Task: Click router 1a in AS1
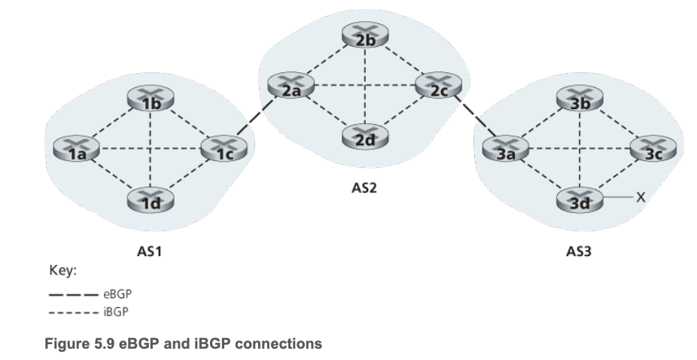click(76, 148)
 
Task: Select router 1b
click(151, 98)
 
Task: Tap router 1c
click(224, 148)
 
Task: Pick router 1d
click(151, 199)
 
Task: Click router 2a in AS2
click(291, 85)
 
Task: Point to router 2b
click(365, 35)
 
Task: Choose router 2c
click(439, 85)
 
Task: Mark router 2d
click(365, 136)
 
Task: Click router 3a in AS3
click(506, 148)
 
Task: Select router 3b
click(580, 98)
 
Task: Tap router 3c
click(653, 148)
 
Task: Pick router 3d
click(580, 199)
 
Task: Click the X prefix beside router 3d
click(641, 197)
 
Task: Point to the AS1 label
click(149, 252)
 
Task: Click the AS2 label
click(364, 188)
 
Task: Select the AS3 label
click(579, 252)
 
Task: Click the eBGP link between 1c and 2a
click(256, 117)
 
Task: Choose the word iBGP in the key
click(116, 312)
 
